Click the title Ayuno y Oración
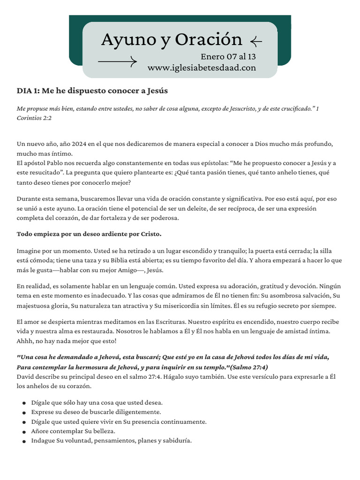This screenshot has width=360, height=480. pyautogui.click(x=172, y=40)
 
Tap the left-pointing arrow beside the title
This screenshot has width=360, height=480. pyautogui.click(x=256, y=42)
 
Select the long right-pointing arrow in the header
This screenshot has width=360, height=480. pyautogui.click(x=117, y=61)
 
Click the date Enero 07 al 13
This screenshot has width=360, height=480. pyautogui.click(x=228, y=57)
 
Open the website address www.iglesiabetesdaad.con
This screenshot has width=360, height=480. pyautogui.click(x=202, y=68)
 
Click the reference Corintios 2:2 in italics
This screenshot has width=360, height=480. pyautogui.click(x=34, y=118)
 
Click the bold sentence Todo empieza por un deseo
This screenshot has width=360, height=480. pyautogui.click(x=89, y=233)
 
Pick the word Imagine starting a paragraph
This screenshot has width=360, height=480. pyautogui.click(x=29, y=250)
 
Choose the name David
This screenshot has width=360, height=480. pyautogui.click(x=26, y=376)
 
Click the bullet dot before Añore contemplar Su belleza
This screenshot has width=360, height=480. pyautogui.click(x=24, y=431)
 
